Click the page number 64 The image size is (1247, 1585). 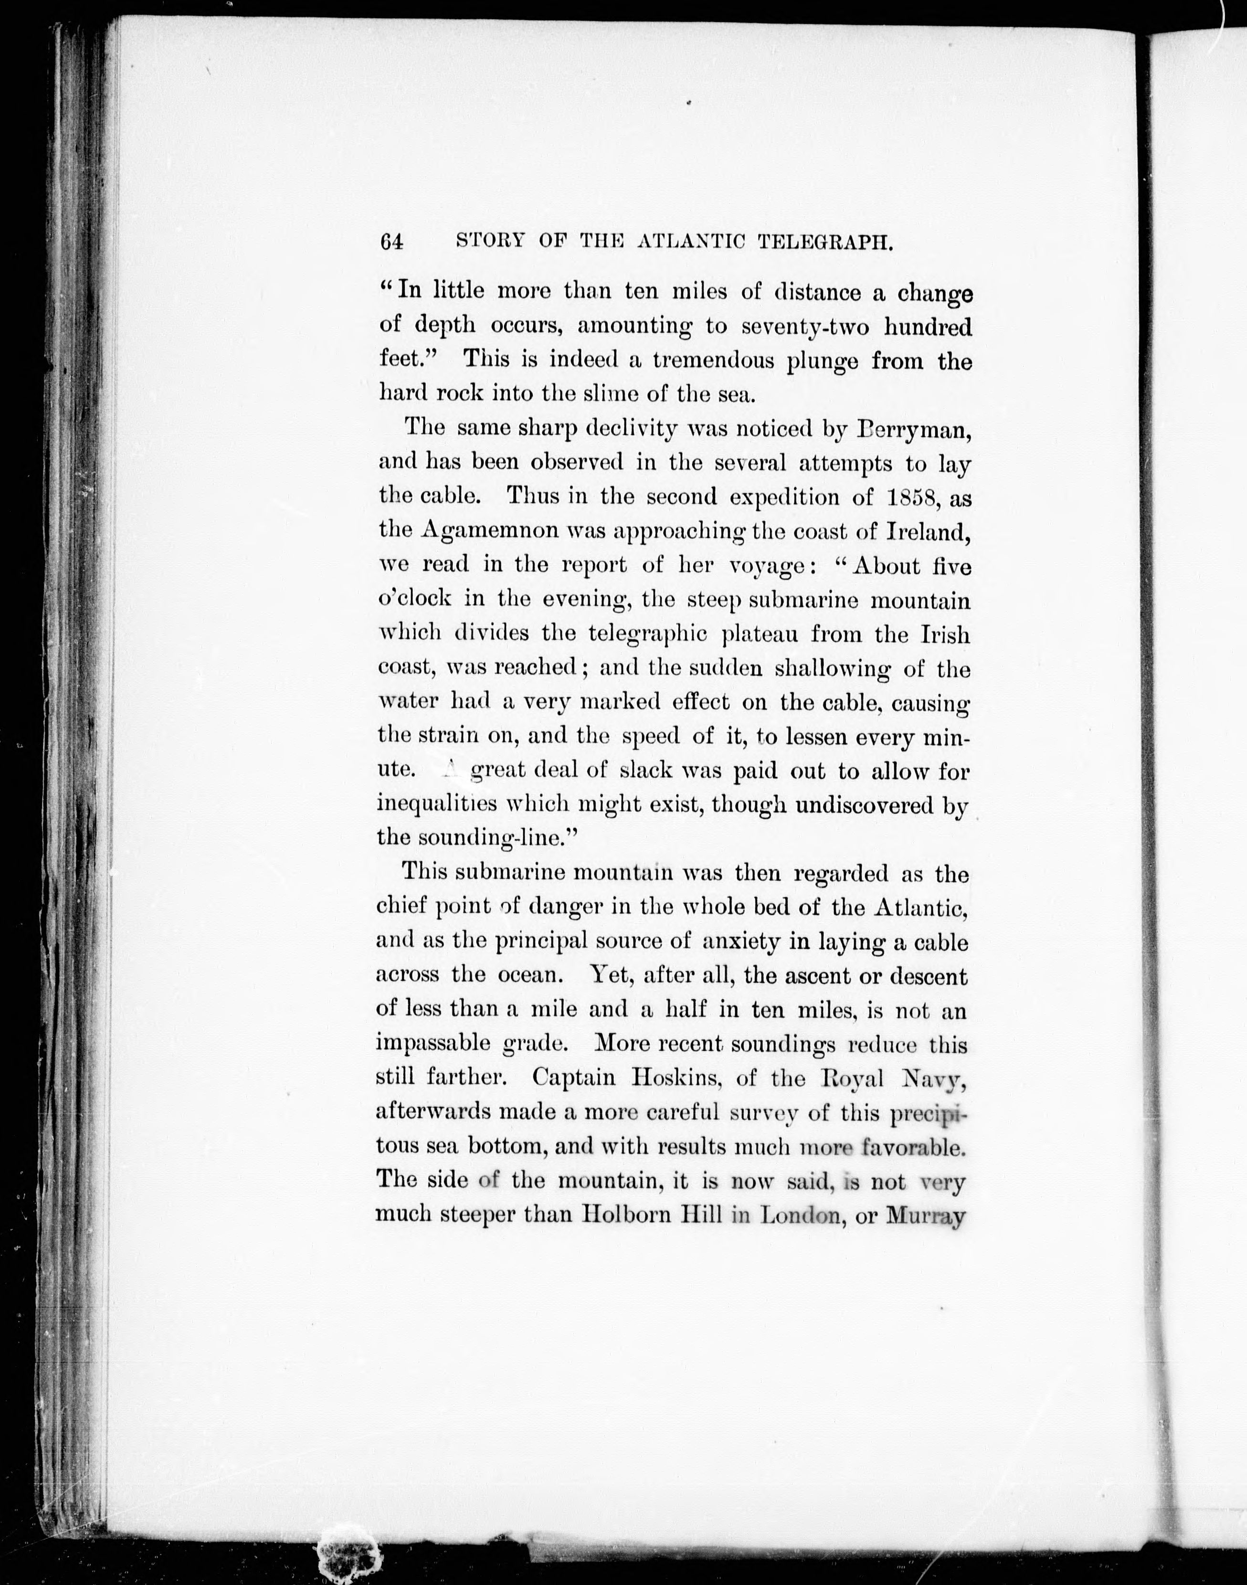click(x=392, y=243)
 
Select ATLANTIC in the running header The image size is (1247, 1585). click(x=691, y=243)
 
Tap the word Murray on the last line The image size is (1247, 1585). click(x=925, y=1215)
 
